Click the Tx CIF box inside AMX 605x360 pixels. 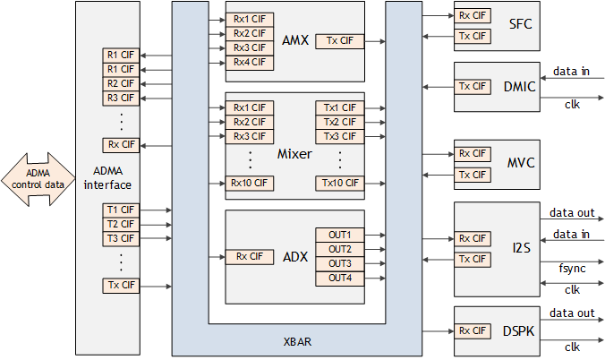point(339,40)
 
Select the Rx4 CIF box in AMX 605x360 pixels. point(249,62)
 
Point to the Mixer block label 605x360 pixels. point(294,154)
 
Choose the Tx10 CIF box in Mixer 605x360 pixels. point(339,183)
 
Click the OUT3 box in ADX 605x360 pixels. point(339,263)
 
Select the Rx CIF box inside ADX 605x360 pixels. point(249,256)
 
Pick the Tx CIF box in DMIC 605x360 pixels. point(473,86)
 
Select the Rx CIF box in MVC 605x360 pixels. point(473,153)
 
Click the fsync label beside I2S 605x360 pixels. point(572,268)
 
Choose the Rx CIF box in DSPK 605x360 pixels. point(473,330)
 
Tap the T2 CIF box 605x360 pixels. point(121,224)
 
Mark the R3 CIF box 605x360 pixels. point(121,98)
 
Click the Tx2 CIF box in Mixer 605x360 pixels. point(339,122)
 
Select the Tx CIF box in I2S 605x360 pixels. point(473,260)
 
